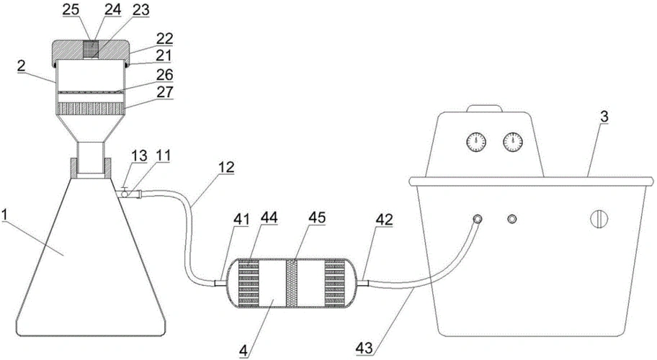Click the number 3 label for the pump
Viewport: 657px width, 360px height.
(x=604, y=114)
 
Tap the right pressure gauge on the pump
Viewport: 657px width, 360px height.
(x=513, y=141)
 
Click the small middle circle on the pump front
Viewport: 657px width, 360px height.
(x=512, y=219)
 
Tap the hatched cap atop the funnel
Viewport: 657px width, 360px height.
(x=91, y=50)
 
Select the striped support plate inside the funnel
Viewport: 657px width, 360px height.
(x=91, y=109)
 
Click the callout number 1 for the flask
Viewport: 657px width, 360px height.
(x=6, y=215)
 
